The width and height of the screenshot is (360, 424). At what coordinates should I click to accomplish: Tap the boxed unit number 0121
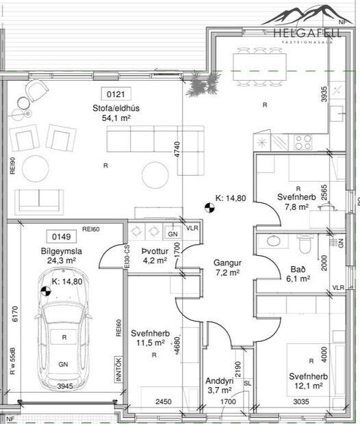(114, 94)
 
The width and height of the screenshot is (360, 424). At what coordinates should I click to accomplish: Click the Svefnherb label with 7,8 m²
(296, 202)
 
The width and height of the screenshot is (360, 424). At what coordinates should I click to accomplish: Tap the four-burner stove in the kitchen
(302, 142)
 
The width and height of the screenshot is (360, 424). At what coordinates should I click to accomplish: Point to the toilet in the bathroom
(306, 244)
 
